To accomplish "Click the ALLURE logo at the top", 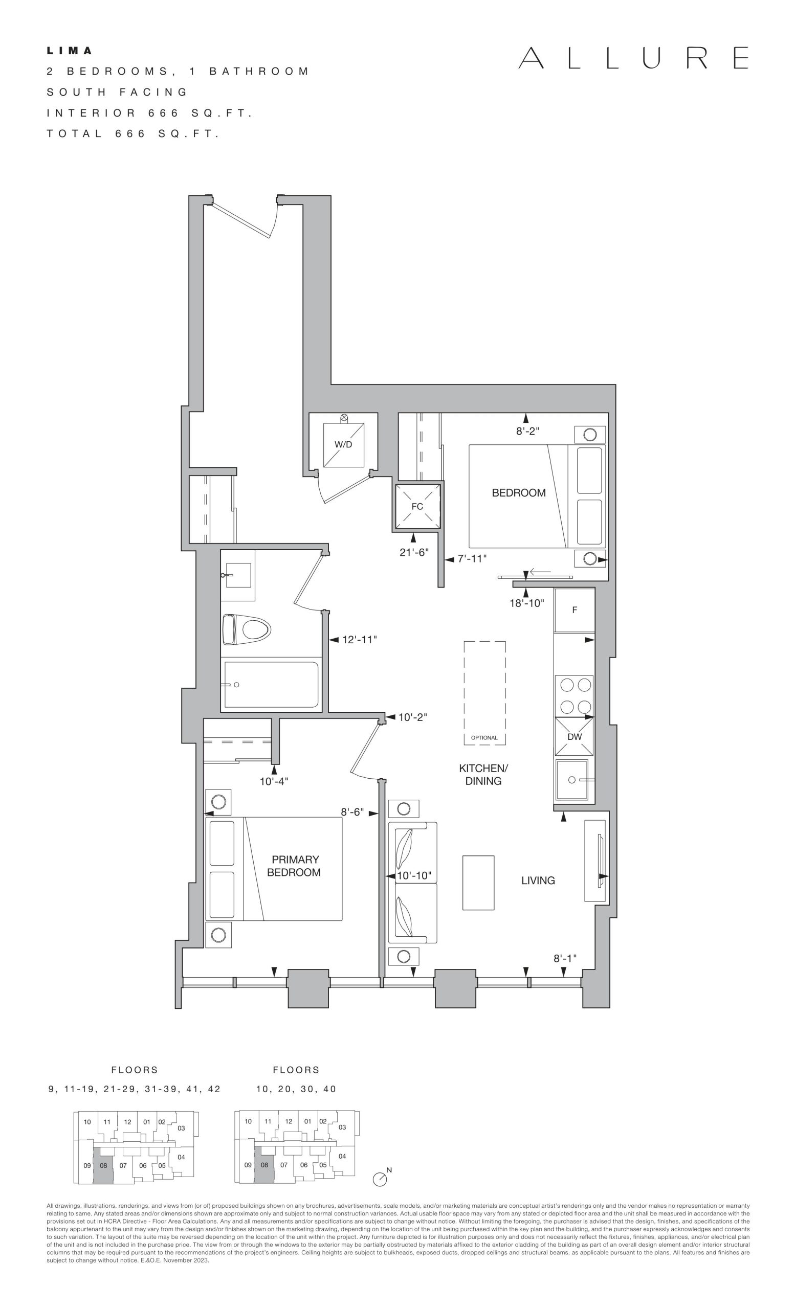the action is click(633, 58).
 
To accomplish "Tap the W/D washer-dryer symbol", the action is click(344, 444).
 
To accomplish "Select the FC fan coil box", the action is click(417, 506).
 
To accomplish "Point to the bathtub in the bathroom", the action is click(272, 684).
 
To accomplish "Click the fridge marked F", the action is click(575, 610).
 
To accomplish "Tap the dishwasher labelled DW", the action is click(575, 736).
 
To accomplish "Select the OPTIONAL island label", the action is click(484, 737).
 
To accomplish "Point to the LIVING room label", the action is click(538, 881).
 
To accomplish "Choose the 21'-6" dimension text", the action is click(414, 553).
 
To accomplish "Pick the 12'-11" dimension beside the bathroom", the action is click(359, 640).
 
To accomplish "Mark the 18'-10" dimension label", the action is click(527, 603).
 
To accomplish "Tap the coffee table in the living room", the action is click(478, 883).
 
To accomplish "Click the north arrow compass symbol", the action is click(380, 1179).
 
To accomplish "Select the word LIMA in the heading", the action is click(70, 51).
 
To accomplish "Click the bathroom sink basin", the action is click(238, 575).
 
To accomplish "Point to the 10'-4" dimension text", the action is click(274, 781).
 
